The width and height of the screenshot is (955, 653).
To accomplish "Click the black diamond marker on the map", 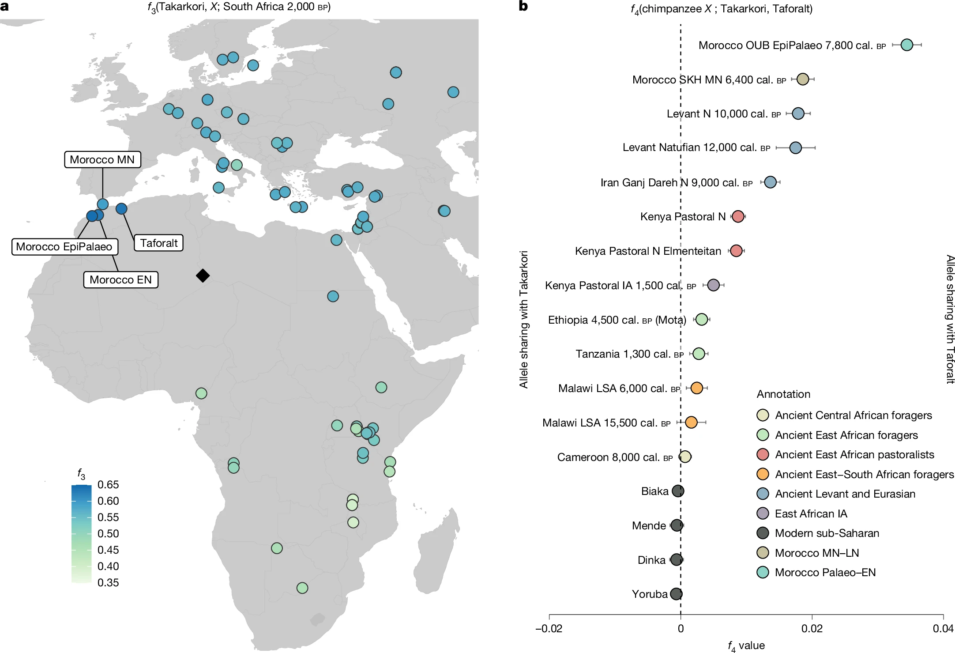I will [203, 276].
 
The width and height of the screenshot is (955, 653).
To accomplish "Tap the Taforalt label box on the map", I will [158, 243].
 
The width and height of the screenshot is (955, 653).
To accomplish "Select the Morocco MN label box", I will [102, 159].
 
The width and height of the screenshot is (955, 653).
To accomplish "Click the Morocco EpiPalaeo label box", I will [64, 246].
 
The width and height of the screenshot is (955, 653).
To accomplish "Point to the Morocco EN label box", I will [120, 279].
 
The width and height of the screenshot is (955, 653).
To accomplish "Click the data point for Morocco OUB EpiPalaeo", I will [906, 45].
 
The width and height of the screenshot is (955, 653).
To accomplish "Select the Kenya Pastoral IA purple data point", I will [713, 285].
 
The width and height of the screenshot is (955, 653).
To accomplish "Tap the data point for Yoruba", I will [676, 594].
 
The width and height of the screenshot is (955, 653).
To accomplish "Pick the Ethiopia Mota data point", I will [701, 319].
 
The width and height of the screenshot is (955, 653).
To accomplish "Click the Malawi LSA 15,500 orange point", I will [691, 423].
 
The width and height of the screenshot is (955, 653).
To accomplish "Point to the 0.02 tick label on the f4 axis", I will [812, 629].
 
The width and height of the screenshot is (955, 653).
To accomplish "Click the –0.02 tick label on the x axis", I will [549, 629].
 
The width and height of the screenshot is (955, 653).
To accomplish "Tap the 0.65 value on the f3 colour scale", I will [108, 485].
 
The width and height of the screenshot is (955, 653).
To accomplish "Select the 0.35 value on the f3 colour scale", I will [108, 583].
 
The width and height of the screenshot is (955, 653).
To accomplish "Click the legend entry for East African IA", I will [811, 513].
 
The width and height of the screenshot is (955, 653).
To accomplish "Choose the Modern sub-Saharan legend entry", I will [827, 533].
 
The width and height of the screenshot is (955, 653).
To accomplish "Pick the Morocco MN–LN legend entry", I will [816, 553].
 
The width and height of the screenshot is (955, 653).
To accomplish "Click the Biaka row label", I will [654, 491].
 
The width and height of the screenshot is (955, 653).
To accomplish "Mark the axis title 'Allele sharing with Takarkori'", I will [524, 319].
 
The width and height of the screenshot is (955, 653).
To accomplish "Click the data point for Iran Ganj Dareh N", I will [770, 182].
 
